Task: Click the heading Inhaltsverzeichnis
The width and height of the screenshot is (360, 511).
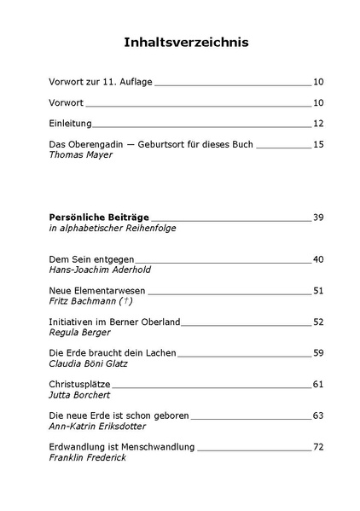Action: pos(179,43)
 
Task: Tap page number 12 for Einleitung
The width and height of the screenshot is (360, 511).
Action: pos(318,123)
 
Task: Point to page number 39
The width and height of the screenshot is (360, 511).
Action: pos(318,218)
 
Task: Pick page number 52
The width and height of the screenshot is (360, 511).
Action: pos(318,322)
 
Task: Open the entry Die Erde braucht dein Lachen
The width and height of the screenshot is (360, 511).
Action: pos(111,353)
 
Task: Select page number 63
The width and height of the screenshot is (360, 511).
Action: pos(318,415)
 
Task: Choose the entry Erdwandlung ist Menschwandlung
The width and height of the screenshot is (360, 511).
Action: pos(123,446)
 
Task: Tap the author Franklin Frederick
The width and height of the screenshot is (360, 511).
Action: pos(88,458)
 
